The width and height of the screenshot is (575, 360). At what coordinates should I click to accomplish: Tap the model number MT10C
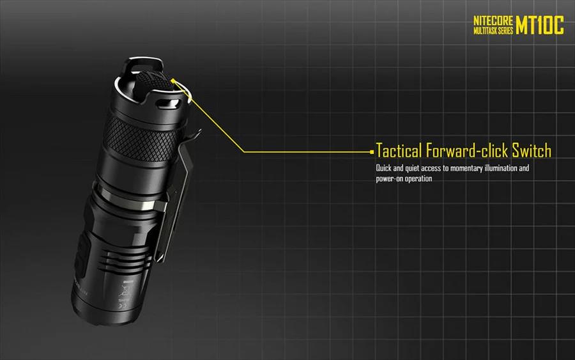coord(540,24)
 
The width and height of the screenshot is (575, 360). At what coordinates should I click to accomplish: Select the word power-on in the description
coord(390,179)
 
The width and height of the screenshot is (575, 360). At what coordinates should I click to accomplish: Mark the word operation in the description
coord(418,179)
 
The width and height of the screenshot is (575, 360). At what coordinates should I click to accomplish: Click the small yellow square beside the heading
coord(372,152)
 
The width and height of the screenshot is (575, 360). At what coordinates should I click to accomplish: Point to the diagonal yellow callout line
coord(217,124)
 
